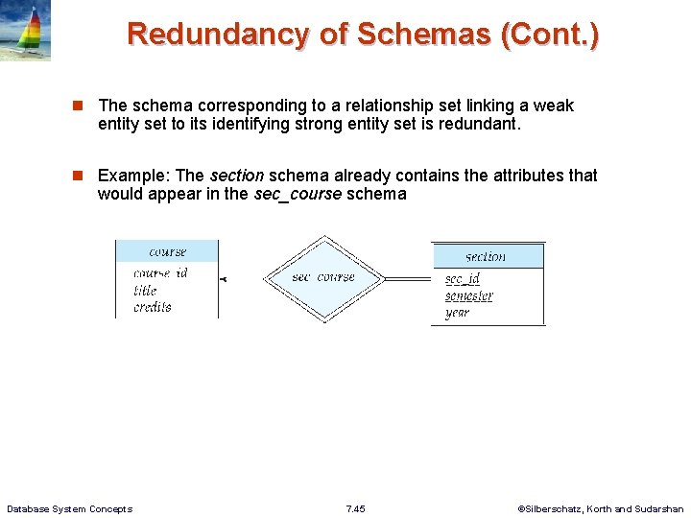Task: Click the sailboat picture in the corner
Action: [x=25, y=31]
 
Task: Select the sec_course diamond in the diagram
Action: [x=323, y=277]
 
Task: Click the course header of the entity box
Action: [x=167, y=251]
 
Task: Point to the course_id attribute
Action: [x=160, y=273]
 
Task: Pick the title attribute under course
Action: [x=146, y=290]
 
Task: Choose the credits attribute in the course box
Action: [x=153, y=307]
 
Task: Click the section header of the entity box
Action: [x=486, y=256]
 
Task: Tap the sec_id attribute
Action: [x=463, y=279]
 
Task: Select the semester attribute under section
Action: [x=468, y=296]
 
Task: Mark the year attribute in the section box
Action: [x=457, y=313]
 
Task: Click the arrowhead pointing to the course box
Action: [x=223, y=279]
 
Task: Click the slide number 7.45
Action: [x=355, y=508]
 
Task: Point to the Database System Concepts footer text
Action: [x=70, y=508]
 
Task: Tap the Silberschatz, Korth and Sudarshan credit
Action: [x=601, y=508]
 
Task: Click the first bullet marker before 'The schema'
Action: [x=86, y=106]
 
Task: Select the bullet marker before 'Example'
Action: [x=86, y=176]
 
